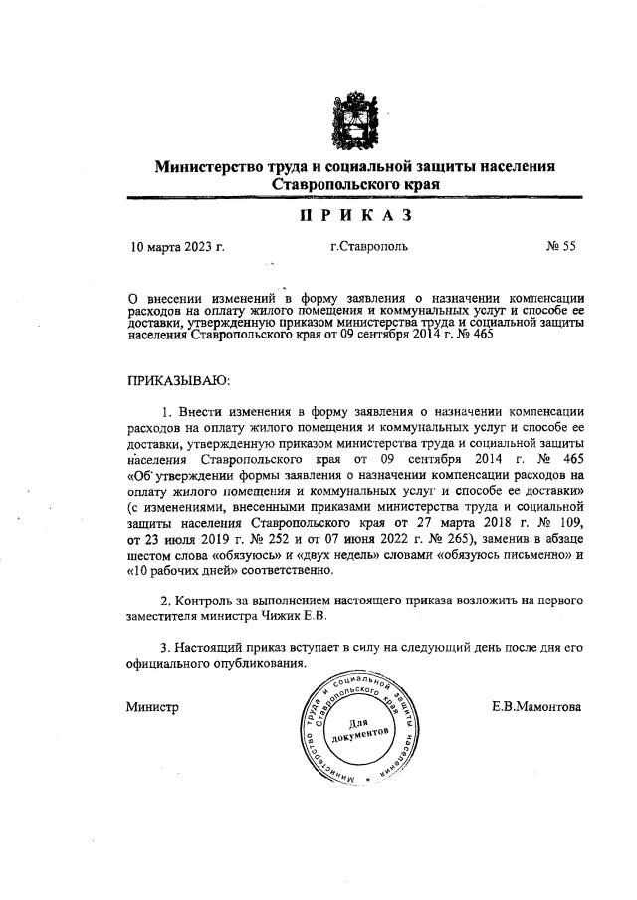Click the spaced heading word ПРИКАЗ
click(355, 216)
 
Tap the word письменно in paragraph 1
click(524, 555)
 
